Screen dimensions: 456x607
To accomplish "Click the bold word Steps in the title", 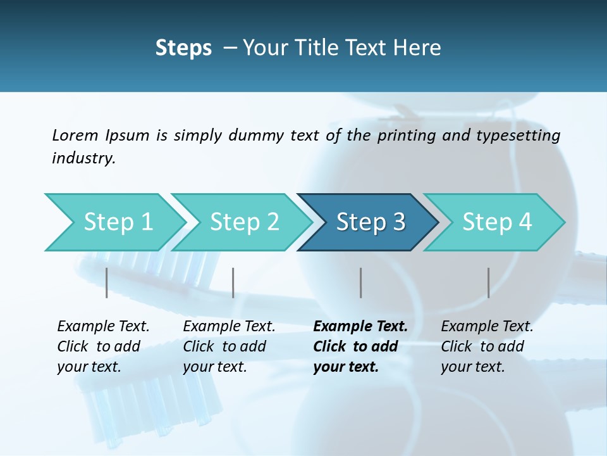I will (x=183, y=47).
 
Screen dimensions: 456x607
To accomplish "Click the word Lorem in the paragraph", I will (x=75, y=135).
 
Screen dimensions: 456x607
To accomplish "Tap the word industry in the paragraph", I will (x=83, y=158).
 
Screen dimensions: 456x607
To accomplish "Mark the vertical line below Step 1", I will (x=107, y=282).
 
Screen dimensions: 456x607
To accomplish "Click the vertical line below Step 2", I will (x=233, y=282).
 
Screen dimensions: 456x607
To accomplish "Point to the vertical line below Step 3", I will (x=360, y=282).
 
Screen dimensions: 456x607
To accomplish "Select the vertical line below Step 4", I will (x=488, y=282).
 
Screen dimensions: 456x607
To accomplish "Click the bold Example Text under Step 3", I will (x=360, y=327).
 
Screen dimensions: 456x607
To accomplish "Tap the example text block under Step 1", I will (x=103, y=346).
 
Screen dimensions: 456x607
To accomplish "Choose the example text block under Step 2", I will (x=229, y=346).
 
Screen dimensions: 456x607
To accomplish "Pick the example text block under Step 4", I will (x=487, y=346).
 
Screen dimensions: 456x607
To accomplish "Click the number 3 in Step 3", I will (x=398, y=222).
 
